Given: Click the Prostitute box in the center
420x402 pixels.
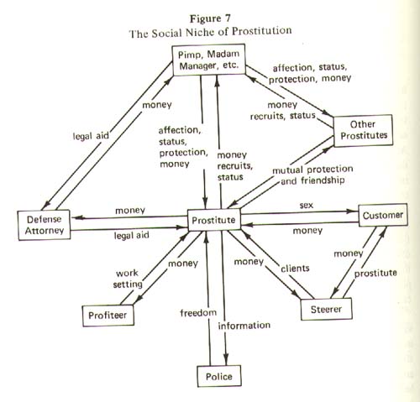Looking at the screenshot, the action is pos(214,220).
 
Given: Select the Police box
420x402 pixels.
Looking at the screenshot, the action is pos(219,376).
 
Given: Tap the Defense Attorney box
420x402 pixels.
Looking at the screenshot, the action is pos(45,225).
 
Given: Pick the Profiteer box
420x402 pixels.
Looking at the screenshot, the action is pos(108,316).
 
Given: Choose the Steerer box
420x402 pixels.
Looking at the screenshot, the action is pos(326,309).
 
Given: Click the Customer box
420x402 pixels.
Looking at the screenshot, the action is pos(383,215).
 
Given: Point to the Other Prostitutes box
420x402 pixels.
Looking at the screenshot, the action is pos(363,130).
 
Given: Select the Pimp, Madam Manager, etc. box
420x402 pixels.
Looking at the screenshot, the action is pos(209,60).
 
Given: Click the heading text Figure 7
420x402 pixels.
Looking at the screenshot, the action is pos(210,18).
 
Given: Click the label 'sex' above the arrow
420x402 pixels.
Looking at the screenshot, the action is pos(307,205).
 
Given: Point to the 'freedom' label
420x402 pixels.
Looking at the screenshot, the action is pos(198,312).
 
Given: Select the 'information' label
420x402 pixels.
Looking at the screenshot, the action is pos(244,326).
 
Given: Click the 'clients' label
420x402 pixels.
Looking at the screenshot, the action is pos(295,269).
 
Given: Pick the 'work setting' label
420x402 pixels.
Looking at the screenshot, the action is pos(128,279).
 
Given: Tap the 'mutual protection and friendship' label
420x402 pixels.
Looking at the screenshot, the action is pos(312,175).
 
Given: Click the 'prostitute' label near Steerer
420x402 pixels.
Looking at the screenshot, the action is pos(375,274).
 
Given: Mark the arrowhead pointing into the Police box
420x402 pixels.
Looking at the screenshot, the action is pos(226,360).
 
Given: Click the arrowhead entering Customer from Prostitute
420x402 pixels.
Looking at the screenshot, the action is pos(353,211).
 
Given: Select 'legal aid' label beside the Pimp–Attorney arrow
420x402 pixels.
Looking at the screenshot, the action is pos(91,136).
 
